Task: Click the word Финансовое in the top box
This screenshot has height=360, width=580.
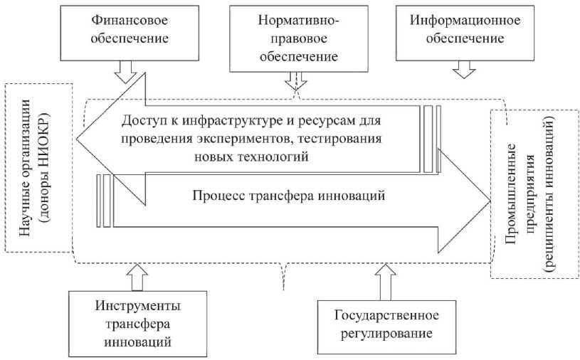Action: tap(130, 20)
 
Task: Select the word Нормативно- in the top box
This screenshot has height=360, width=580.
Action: tap(298, 20)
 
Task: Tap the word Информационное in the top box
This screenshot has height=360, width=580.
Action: tap(465, 20)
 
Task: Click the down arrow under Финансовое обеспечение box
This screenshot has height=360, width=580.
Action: tap(125, 72)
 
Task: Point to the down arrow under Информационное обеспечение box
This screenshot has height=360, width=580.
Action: tap(464, 70)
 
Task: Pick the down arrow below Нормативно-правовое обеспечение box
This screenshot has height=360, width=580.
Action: tap(296, 80)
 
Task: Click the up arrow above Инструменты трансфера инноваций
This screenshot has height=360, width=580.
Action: tap(137, 277)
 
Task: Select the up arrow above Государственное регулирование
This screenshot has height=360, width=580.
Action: tap(386, 282)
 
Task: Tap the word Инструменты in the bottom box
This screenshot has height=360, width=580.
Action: tap(138, 306)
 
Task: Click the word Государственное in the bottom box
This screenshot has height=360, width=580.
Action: tap(386, 315)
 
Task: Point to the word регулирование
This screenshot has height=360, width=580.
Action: tap(386, 334)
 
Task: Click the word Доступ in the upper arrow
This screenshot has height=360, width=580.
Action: tap(143, 120)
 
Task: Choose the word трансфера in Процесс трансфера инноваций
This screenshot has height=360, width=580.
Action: tap(278, 195)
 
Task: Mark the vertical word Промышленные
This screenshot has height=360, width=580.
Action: tap(511, 194)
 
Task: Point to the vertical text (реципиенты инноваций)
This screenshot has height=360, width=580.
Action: tap(549, 194)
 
